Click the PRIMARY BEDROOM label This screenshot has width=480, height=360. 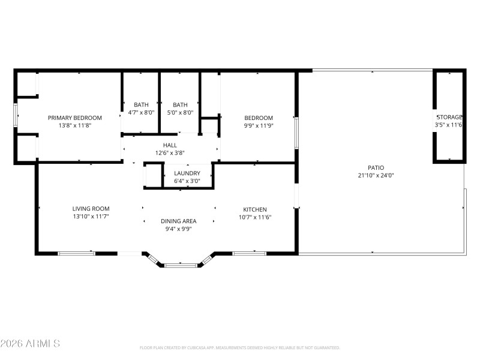(75, 118)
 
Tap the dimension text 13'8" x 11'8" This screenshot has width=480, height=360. (75, 126)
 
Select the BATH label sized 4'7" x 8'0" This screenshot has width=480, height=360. (141, 104)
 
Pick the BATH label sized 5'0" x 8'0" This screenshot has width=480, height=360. (180, 104)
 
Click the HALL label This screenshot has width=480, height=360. (170, 145)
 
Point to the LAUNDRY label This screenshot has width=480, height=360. (187, 173)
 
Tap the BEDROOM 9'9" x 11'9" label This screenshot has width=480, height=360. (258, 118)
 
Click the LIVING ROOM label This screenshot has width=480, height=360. (91, 208)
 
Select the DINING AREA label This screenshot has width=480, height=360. (178, 221)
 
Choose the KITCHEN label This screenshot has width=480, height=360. (255, 209)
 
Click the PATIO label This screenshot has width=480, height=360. (376, 167)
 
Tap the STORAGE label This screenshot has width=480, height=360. (449, 117)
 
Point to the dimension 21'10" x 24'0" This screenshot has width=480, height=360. (376, 175)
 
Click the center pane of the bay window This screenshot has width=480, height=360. (181, 265)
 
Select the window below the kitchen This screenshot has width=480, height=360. (249, 253)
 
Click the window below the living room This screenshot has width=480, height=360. (76, 253)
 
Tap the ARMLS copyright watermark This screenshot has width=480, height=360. (30, 344)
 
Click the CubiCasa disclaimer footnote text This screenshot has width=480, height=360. (240, 347)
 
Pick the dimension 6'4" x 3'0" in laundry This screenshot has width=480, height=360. (187, 181)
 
